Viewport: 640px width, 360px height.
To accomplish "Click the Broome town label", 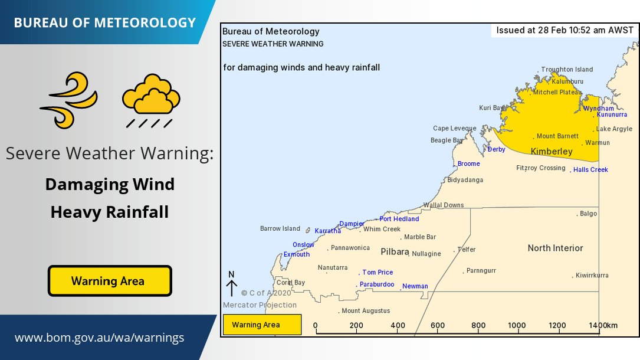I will coord(469,163).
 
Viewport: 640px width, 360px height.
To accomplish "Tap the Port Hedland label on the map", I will coord(399,219).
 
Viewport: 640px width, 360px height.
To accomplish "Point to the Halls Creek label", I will coord(590,170).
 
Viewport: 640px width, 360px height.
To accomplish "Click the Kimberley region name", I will coord(552,152).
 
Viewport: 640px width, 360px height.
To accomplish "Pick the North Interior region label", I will coord(555,248).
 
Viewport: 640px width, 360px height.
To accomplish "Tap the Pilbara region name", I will coord(395,251).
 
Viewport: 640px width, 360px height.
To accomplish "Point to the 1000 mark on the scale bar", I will coord(517,326).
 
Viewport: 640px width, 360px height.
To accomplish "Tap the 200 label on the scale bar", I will coord(356,326).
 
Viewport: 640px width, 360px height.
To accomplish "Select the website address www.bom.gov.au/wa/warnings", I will coord(99,338).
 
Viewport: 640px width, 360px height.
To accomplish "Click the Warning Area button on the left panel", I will coord(109,281).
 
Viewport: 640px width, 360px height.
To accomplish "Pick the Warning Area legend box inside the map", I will coord(262,325).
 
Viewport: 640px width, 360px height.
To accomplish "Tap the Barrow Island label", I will coord(280,229).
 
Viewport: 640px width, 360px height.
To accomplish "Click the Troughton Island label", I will coord(567,70).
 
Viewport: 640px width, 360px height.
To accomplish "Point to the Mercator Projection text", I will coord(260,305).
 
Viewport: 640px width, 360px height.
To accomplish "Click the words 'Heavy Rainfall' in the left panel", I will coord(109,212).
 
